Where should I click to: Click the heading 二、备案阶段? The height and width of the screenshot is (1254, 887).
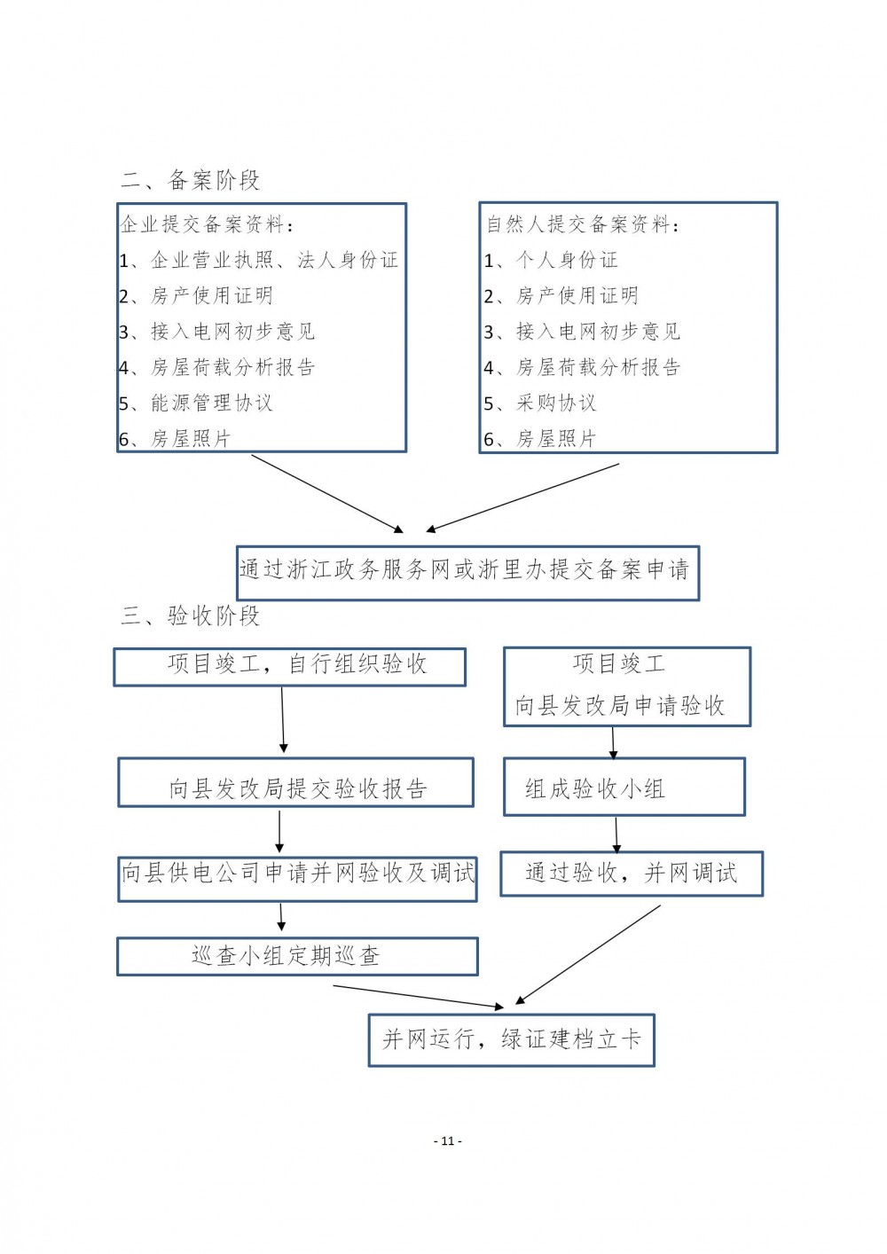[x=191, y=180]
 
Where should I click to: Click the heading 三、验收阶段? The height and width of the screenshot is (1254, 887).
[x=191, y=616]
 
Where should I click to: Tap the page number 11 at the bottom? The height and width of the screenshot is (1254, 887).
[x=447, y=1140]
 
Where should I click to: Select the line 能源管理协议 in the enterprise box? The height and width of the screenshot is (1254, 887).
[x=195, y=403]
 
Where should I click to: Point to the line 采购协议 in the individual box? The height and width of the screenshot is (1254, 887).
[x=540, y=403]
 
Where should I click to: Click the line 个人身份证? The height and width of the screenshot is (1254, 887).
[x=551, y=260]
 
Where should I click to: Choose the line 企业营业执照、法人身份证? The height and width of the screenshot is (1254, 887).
[x=258, y=260]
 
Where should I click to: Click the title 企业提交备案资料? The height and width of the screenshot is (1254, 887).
[x=207, y=224]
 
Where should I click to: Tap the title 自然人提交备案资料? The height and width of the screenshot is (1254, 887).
[x=583, y=224]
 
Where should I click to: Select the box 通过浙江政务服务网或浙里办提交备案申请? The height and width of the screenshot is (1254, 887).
[x=467, y=573]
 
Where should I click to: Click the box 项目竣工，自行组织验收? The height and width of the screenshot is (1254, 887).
[x=289, y=667]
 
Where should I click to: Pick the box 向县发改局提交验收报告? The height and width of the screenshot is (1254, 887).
[x=295, y=782]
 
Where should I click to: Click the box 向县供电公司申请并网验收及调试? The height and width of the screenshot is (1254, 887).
[x=297, y=879]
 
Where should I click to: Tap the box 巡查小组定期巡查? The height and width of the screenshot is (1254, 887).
[x=297, y=956]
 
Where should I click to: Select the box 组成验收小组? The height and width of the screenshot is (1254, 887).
[x=624, y=787]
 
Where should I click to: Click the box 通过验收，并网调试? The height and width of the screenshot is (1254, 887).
[x=632, y=874]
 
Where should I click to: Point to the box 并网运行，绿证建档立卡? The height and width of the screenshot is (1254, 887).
[x=511, y=1039]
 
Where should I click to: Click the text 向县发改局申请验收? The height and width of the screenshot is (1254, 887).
[x=620, y=705]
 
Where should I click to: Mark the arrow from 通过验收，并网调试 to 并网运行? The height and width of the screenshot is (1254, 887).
[x=588, y=954]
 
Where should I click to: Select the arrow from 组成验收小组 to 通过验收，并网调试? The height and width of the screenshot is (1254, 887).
[x=616, y=835]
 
